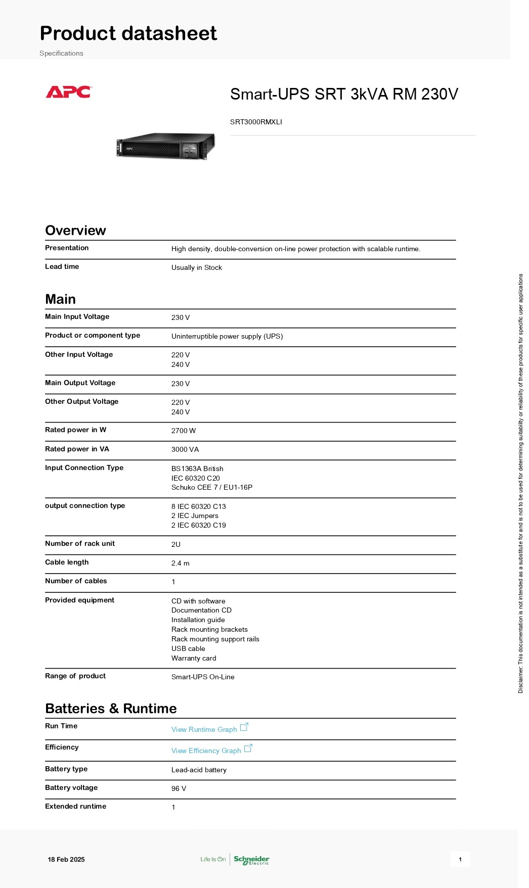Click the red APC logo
[x=68, y=92]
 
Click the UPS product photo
[x=166, y=146]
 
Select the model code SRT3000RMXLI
[x=256, y=122]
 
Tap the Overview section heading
[x=75, y=230]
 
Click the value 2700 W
[x=183, y=431]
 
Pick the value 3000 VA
[x=185, y=449]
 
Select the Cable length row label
[x=67, y=562]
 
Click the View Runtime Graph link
[x=204, y=729]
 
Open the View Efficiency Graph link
[x=206, y=751]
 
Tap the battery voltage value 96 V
[x=179, y=788]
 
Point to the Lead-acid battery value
[x=199, y=770]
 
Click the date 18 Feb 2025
[x=66, y=859]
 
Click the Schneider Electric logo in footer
[x=251, y=859]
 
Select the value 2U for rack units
[x=175, y=544]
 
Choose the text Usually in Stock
[x=196, y=267]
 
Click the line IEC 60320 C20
[x=195, y=478]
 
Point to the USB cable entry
[x=188, y=648]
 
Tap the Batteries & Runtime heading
[x=111, y=709]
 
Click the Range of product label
[x=75, y=676]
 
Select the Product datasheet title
[x=128, y=33]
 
